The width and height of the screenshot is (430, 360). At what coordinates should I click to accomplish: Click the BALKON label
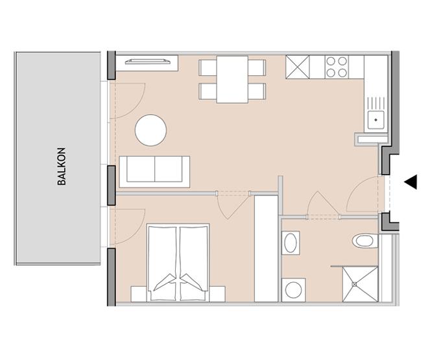(62, 167)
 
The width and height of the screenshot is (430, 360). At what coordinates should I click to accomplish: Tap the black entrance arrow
(411, 182)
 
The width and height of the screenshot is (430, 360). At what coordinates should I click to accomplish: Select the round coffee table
(150, 130)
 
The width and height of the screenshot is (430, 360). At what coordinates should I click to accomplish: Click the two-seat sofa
(154, 172)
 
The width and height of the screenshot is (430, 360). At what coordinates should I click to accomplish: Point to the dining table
(232, 79)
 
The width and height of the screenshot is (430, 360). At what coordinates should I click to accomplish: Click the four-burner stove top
(337, 67)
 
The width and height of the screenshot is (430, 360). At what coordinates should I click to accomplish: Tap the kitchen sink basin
(376, 120)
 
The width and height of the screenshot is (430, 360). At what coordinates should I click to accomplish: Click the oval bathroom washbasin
(291, 243)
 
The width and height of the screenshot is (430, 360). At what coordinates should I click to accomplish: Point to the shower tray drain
(355, 284)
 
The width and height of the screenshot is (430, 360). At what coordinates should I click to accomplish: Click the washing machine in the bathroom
(293, 290)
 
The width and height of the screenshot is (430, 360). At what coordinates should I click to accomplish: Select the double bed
(178, 263)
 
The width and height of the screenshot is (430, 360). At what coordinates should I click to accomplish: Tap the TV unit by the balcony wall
(147, 64)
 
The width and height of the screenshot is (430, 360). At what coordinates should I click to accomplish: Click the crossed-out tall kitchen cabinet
(297, 67)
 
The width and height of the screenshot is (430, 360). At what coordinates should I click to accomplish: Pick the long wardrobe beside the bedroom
(267, 248)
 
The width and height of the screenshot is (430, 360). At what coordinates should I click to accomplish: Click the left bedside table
(139, 294)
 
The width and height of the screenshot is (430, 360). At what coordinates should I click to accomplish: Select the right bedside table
(217, 294)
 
